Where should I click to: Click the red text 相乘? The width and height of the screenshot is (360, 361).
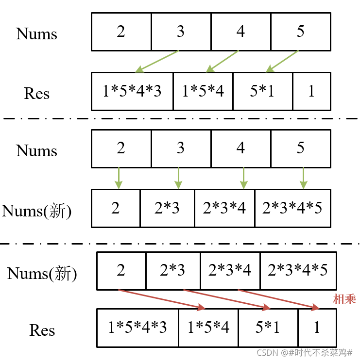(x=344, y=299)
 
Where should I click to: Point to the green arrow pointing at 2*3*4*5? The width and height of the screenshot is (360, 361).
(x=303, y=178)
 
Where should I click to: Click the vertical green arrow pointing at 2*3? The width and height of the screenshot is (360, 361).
(x=178, y=178)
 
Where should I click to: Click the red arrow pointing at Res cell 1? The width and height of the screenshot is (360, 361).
(x=278, y=298)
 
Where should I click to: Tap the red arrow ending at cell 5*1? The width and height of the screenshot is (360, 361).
(x=226, y=298)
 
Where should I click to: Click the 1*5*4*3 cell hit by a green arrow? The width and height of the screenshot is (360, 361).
(x=132, y=91)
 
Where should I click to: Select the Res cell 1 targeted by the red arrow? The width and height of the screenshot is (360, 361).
(x=316, y=328)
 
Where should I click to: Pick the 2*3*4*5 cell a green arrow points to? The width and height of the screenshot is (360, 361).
(x=292, y=208)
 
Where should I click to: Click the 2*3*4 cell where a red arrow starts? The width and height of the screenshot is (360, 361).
(x=230, y=270)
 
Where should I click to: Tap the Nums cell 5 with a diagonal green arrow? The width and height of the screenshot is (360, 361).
(x=300, y=32)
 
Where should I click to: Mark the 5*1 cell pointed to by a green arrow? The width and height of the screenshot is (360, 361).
(x=262, y=91)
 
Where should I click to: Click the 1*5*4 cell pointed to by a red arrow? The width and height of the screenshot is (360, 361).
(x=208, y=328)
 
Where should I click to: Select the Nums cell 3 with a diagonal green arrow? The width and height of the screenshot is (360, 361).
(x=181, y=32)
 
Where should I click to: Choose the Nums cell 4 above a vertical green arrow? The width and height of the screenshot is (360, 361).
(x=240, y=148)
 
